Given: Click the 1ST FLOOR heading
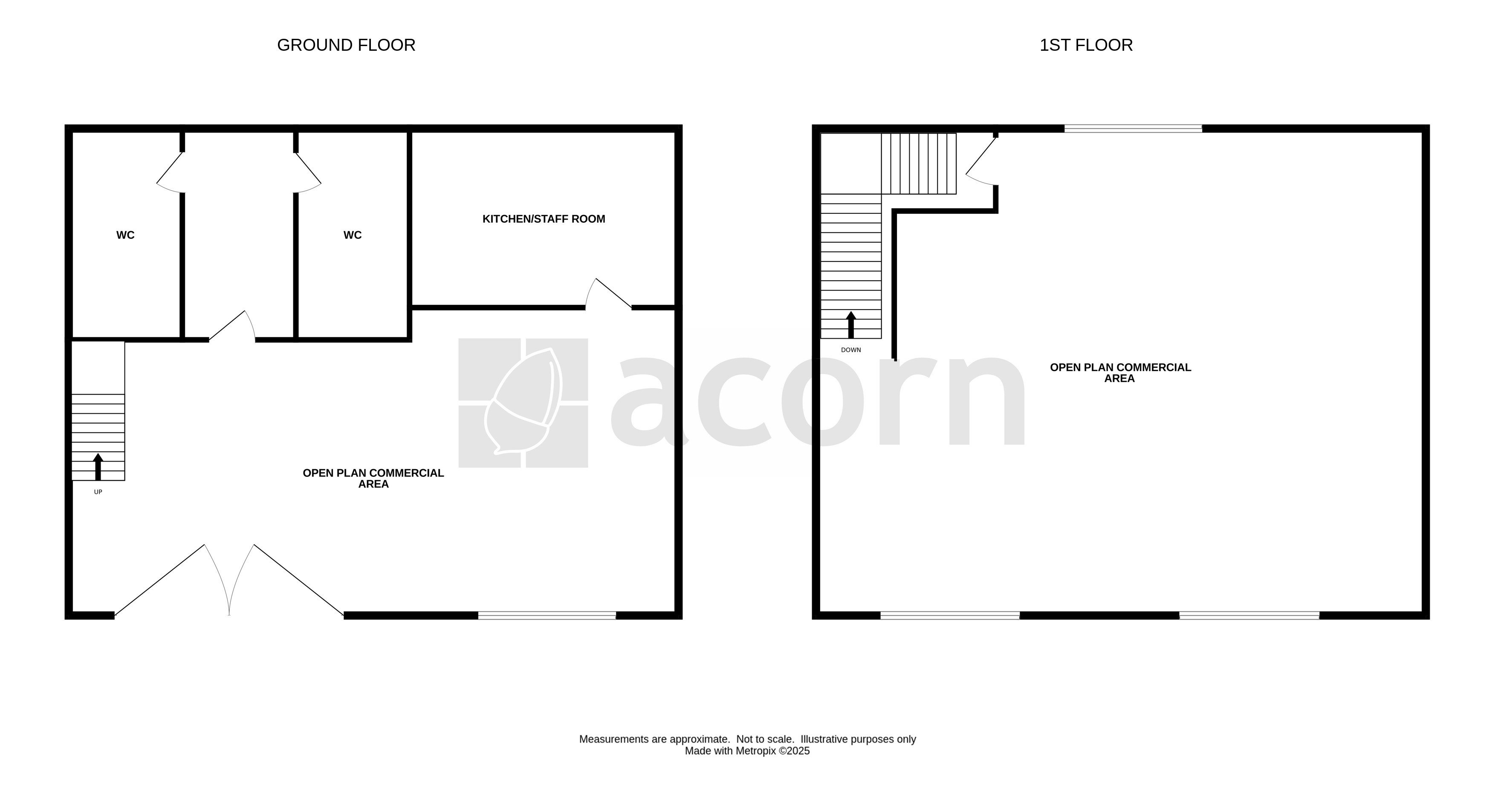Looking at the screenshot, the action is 1086,45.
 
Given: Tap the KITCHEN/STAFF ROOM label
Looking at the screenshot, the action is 544,219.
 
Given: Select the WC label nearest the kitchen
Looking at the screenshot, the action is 352,235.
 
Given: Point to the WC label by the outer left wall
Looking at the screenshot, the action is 125,235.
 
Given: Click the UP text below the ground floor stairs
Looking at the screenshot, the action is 98,492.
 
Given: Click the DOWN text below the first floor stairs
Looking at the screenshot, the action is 851,350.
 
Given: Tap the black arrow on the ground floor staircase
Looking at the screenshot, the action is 98,467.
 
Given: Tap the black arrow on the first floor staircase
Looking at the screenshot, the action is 851,325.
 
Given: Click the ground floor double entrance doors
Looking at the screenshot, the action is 229,579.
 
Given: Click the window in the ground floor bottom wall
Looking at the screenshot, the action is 547,615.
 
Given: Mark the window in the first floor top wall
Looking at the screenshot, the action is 1133,128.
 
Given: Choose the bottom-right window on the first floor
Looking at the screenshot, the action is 1249,615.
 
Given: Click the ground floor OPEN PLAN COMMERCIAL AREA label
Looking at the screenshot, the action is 373,478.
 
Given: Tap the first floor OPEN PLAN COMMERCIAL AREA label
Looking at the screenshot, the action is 1120,373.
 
